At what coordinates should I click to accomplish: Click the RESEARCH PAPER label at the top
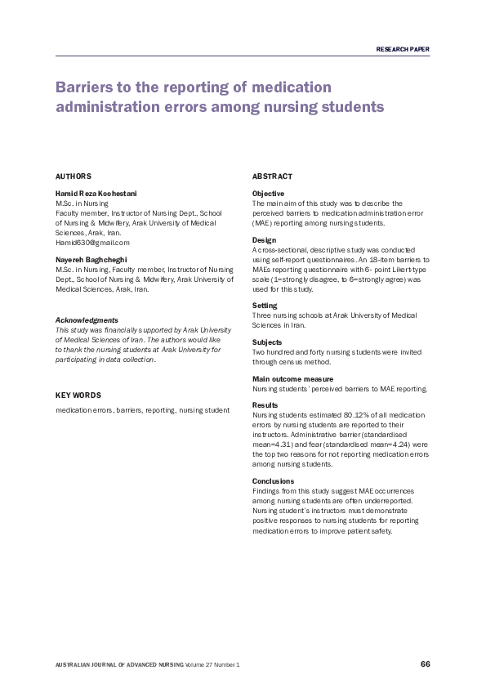(402, 50)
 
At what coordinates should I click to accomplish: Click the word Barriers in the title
(86, 87)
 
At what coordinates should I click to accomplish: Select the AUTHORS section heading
(73, 176)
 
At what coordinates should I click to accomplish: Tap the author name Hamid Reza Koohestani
(96, 193)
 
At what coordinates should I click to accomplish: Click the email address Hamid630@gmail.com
(91, 243)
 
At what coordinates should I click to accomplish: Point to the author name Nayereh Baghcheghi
(91, 258)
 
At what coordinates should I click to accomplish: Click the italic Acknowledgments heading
(86, 319)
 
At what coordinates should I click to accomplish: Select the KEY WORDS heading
(78, 395)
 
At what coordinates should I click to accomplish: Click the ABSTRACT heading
(272, 176)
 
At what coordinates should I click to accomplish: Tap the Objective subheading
(269, 193)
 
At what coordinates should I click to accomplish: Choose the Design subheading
(265, 239)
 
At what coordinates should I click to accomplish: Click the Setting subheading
(265, 306)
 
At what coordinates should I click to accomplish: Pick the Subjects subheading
(267, 342)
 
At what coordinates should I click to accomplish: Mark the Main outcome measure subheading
(292, 379)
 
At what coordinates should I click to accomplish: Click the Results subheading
(265, 405)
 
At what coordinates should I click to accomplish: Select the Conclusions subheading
(273, 481)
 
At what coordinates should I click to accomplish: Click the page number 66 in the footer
(425, 663)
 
